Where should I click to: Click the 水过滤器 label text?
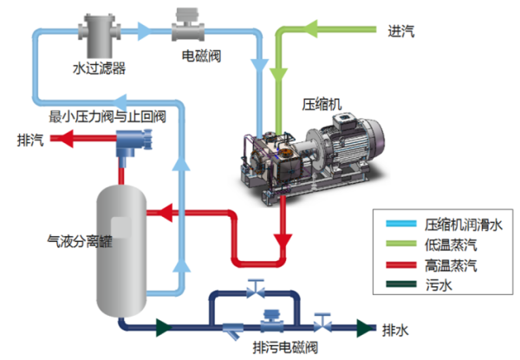[97, 66]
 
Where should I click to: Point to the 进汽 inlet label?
[401, 32]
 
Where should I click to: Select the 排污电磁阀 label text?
[286, 348]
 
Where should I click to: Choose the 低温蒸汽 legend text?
[451, 244]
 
